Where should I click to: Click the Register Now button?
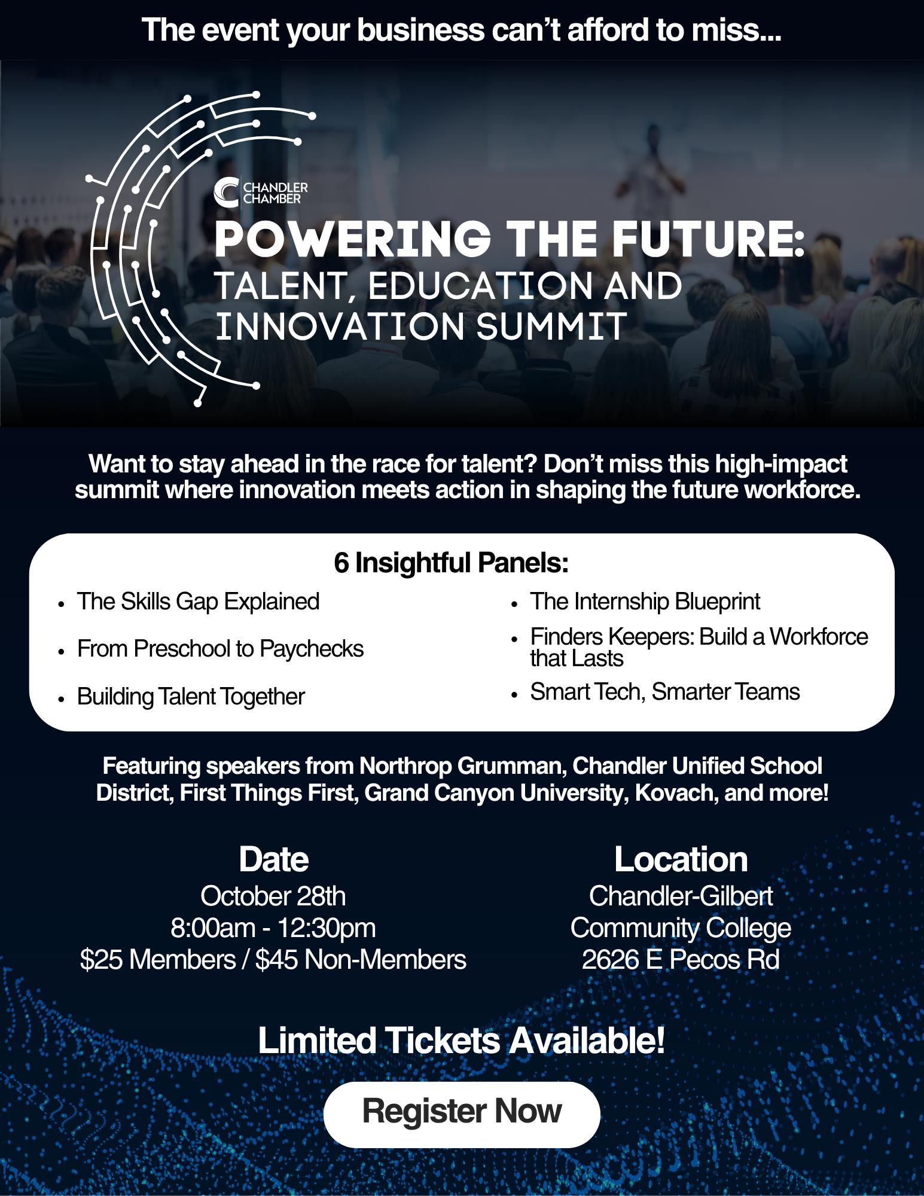462,1111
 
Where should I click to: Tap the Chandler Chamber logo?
261,191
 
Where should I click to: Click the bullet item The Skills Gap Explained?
198,601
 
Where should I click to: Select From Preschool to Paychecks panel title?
220,649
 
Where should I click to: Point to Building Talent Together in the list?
191,697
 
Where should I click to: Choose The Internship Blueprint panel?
645,601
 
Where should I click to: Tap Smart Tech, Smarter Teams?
665,692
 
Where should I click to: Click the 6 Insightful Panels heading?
451,563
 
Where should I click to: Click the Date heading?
273,859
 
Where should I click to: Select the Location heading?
681,859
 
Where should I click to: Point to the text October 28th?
273,896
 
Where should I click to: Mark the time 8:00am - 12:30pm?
273,928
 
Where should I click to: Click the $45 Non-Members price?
361,960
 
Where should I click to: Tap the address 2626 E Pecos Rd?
681,960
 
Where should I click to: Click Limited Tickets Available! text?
461,1041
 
